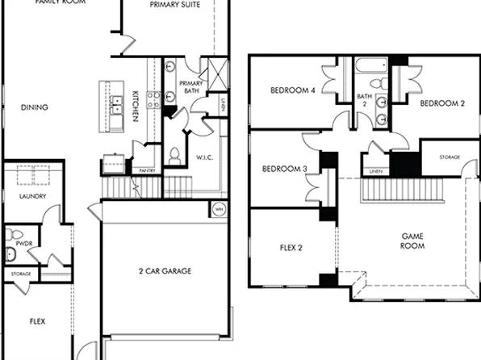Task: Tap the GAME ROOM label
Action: pos(412,241)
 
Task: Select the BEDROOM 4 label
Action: pos(292,90)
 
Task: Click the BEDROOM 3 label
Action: pos(285,169)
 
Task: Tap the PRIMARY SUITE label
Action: pos(175,5)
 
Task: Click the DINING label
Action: pos(34,107)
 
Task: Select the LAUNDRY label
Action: pos(32,196)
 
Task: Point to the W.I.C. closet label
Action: pos(204,157)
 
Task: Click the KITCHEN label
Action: pos(136,106)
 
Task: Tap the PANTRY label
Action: pos(147,171)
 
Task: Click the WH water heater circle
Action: pos(217,208)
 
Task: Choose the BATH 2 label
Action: pos(364,99)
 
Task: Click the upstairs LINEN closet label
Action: pos(375,172)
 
